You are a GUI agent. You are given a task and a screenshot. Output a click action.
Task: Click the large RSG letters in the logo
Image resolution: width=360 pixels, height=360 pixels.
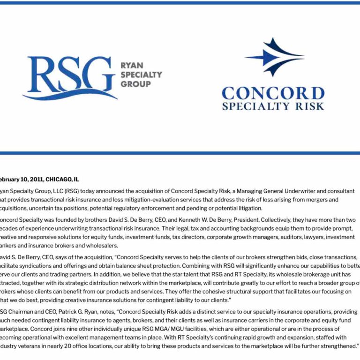(70, 73)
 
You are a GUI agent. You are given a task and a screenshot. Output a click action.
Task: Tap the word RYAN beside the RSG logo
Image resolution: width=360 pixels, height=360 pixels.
(132, 65)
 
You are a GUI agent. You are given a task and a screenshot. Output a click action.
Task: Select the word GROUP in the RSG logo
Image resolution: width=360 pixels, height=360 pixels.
(135, 84)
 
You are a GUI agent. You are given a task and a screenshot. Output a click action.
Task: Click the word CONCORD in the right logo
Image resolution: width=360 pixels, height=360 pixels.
(273, 93)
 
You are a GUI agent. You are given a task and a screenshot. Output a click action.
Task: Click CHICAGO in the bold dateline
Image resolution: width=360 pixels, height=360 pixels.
(59, 179)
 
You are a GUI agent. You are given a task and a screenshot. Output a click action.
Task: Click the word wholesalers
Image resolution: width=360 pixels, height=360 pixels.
(102, 245)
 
